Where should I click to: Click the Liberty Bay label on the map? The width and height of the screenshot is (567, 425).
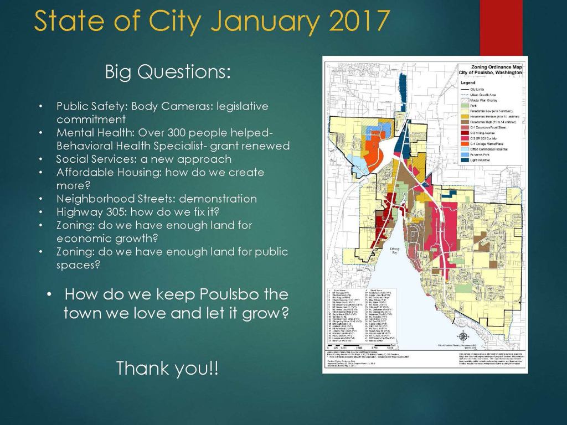[x=394, y=251]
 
